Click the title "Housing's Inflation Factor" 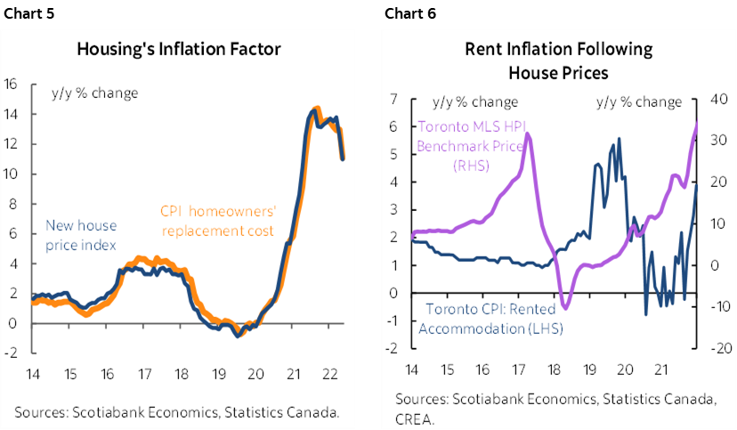[x=179, y=48]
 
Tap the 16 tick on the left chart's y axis [x=12, y=85]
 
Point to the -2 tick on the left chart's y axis [x=12, y=353]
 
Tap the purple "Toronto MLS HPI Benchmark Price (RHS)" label [x=482, y=146]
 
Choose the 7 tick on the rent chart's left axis [x=393, y=100]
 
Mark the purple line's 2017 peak [x=528, y=134]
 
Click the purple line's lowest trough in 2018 [x=565, y=307]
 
